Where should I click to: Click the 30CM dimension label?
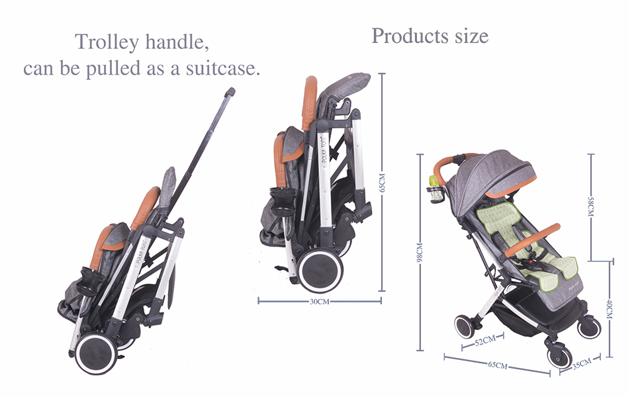coord(319,302)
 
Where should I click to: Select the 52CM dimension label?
coord(484,341)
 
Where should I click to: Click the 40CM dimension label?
coord(609,308)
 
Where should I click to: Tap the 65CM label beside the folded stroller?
coord(381,182)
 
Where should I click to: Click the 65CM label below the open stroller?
coord(497,365)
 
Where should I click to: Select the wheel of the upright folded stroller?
coord(318,270)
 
